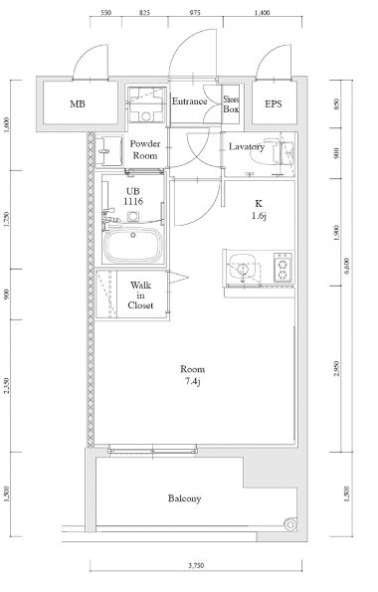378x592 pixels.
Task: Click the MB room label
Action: point(77,103)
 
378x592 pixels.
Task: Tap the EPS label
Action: point(272,103)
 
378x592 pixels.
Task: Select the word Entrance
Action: point(189,100)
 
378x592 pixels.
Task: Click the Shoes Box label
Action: point(231,103)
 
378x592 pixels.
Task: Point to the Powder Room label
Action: point(146,149)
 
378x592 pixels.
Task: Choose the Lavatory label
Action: point(246,146)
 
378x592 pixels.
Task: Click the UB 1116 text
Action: point(134,196)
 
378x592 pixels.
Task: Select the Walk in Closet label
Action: point(140,296)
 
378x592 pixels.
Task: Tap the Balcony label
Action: point(185,497)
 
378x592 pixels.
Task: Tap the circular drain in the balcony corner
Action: point(287,523)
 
